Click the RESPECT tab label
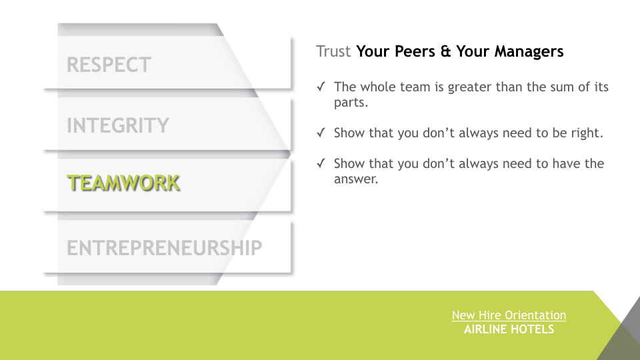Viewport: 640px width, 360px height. coord(109,65)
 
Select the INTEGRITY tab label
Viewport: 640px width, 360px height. coord(118,125)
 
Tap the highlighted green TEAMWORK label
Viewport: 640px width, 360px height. coord(123,183)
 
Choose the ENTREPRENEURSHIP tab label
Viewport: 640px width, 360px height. coord(165,248)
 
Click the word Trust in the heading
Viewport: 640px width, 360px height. coord(333,51)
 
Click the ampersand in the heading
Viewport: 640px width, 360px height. coord(446,51)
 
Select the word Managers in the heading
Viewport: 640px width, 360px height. coord(529,51)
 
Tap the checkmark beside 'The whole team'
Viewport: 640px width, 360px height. coord(321,87)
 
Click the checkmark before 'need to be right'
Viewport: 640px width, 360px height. coord(321,133)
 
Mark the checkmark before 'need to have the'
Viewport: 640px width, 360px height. coord(321,163)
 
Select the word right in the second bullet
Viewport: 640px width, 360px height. coord(587,133)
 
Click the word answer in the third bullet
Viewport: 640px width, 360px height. coord(356,179)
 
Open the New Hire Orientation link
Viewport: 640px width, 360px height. coord(509,315)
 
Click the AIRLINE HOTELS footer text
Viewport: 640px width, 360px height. coord(509,329)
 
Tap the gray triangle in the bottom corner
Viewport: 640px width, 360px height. coord(621,333)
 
